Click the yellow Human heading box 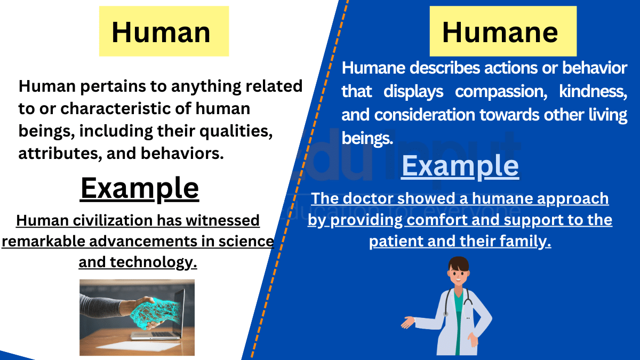tap(164, 31)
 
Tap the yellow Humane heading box tap(503, 31)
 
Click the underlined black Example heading tap(140, 188)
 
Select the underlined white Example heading tap(460, 166)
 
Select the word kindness tap(593, 92)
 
